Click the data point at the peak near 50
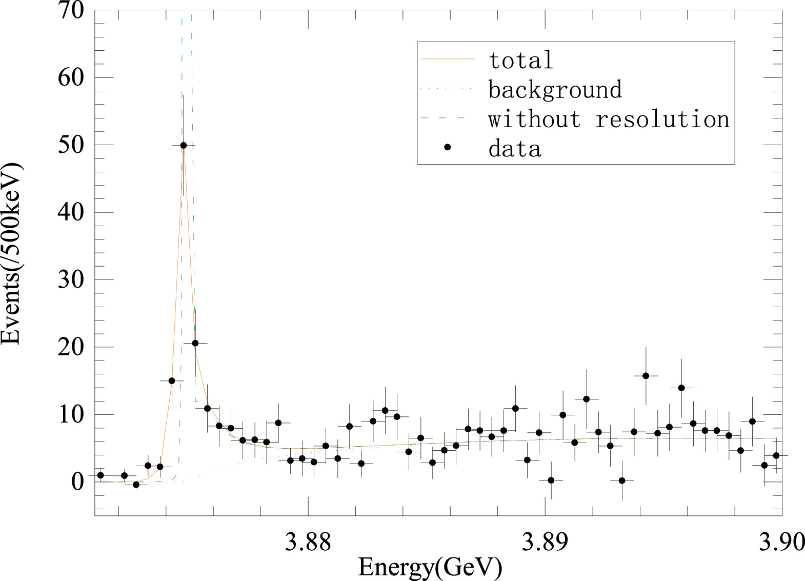click(x=184, y=146)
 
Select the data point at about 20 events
click(x=195, y=343)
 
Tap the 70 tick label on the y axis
click(x=71, y=10)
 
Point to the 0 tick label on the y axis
click(x=77, y=481)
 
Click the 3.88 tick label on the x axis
click(x=308, y=542)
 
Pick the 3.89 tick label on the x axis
click(x=545, y=542)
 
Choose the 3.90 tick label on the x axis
click(x=782, y=542)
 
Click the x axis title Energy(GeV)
click(x=430, y=567)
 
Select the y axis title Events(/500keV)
click(x=11, y=254)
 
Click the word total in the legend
click(x=521, y=60)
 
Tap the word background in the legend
click(x=555, y=90)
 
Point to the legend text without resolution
click(x=609, y=119)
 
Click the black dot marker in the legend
click(x=447, y=148)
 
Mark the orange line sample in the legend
click(x=447, y=59)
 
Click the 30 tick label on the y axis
click(x=71, y=279)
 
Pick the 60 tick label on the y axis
click(x=71, y=77)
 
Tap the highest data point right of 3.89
click(x=646, y=376)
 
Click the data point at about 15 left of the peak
click(x=172, y=381)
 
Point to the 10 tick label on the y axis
click(x=71, y=414)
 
